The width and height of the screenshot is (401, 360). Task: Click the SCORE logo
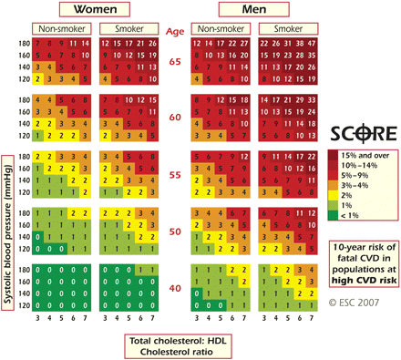pyautogui.click(x=363, y=132)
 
